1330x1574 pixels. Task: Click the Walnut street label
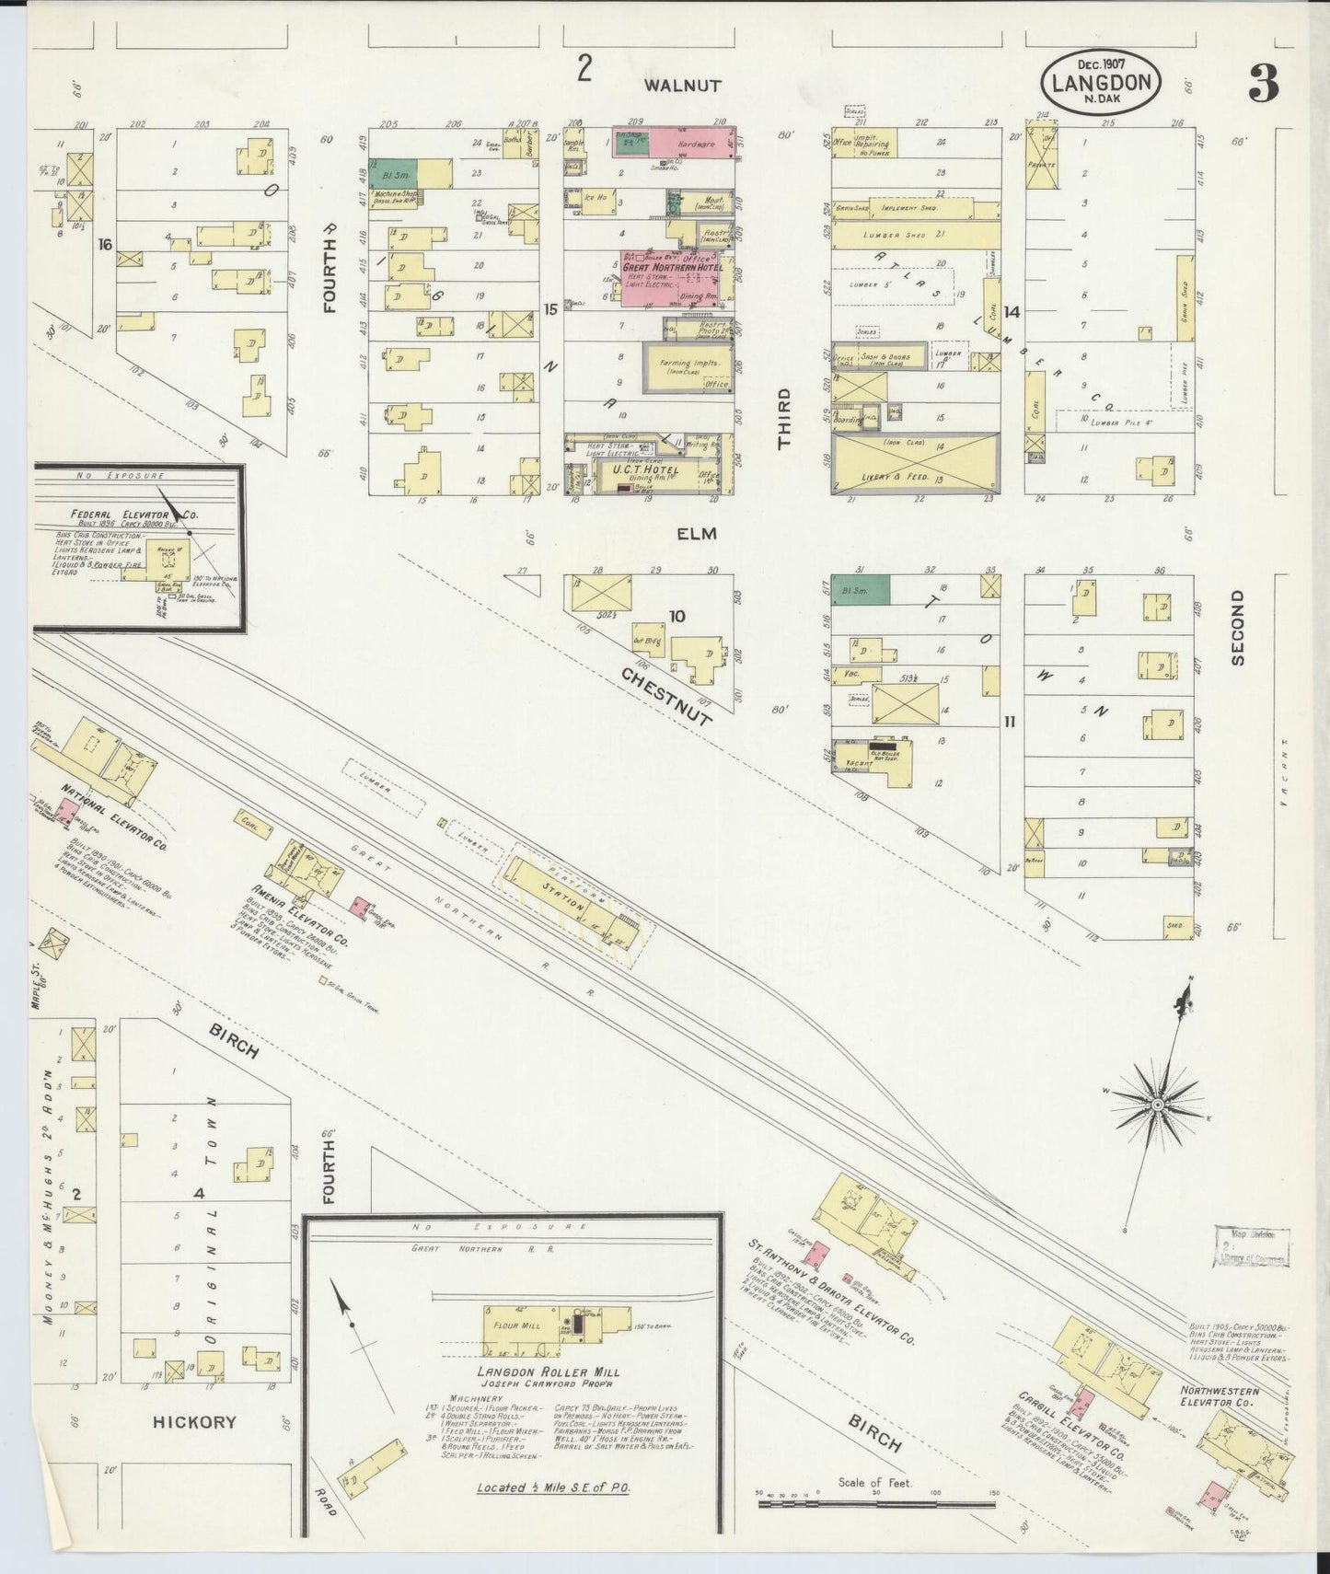(682, 86)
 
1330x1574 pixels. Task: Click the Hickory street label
(194, 1422)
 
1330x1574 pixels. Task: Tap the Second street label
(1237, 628)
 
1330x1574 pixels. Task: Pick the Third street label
(784, 419)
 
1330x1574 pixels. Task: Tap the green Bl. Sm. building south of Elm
(861, 590)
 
